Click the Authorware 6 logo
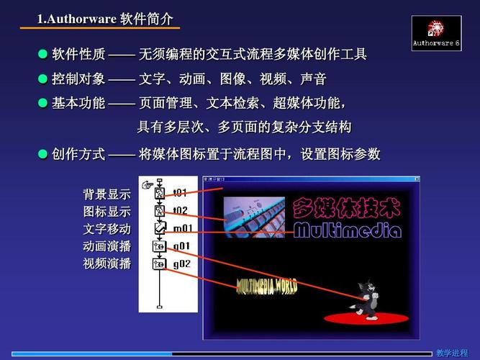[x=436, y=34]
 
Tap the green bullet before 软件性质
[x=42, y=54]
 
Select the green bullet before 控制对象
[x=42, y=78]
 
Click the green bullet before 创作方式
[x=42, y=153]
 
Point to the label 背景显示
[x=107, y=194]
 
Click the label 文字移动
[x=107, y=230]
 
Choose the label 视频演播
[x=107, y=264]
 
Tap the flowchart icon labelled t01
[x=159, y=193]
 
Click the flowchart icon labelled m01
[x=159, y=228]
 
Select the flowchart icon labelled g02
[x=159, y=264]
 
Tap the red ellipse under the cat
[x=366, y=317]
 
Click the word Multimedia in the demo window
[x=347, y=230]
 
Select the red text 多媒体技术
[x=346, y=208]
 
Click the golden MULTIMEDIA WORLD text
[x=267, y=286]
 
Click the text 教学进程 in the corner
[x=452, y=353]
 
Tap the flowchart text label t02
[x=180, y=211]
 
